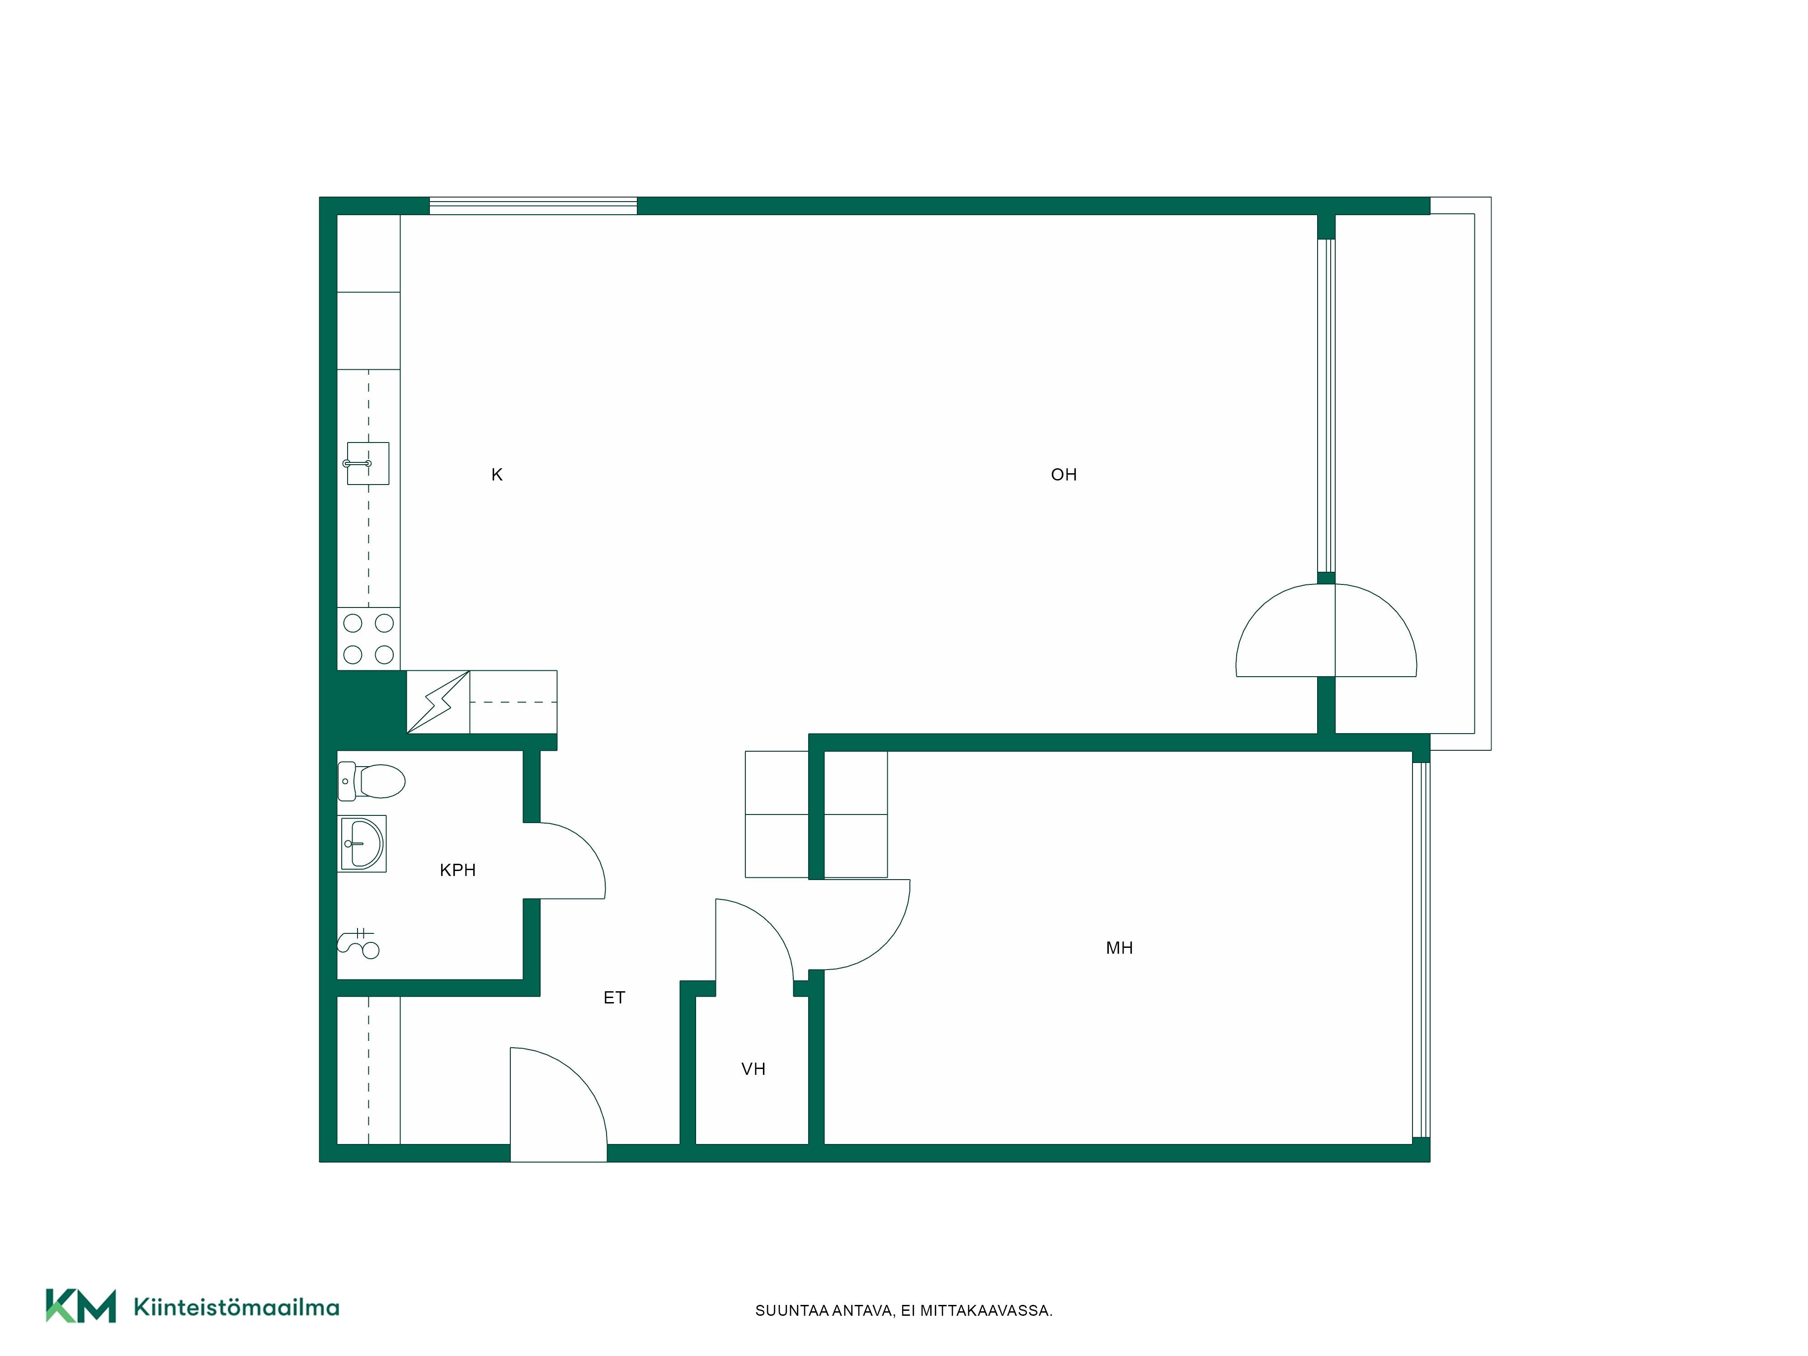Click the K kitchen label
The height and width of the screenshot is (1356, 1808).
coord(496,475)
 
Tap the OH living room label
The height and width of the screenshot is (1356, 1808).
coord(1064,475)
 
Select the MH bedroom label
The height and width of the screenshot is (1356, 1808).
coord(1119,948)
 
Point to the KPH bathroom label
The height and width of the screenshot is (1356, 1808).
coord(458,871)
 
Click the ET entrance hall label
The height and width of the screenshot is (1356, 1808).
coord(614,998)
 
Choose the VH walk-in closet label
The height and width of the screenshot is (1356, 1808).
coord(753,1069)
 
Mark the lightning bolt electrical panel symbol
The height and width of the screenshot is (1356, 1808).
coord(438,702)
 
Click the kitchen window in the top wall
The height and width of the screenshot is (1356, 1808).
coord(533,206)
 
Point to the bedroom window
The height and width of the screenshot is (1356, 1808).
coord(1422,950)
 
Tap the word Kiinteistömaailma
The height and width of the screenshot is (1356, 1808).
coord(236,1307)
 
